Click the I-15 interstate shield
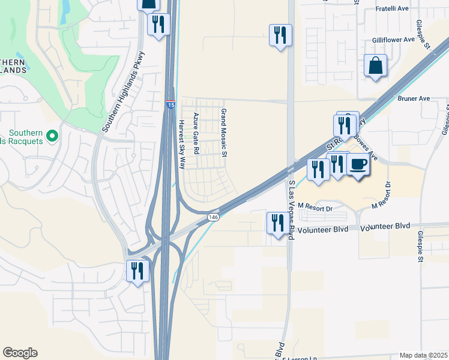171,105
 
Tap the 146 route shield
213,217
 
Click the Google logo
20,353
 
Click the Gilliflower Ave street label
393,39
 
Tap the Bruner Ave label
414,97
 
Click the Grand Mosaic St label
223,133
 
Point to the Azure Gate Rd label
195,134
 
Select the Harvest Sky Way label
181,142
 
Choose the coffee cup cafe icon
358,164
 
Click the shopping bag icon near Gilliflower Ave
375,65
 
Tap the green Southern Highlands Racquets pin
52,136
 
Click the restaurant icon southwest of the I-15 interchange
137,271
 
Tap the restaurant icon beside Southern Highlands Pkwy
158,24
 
